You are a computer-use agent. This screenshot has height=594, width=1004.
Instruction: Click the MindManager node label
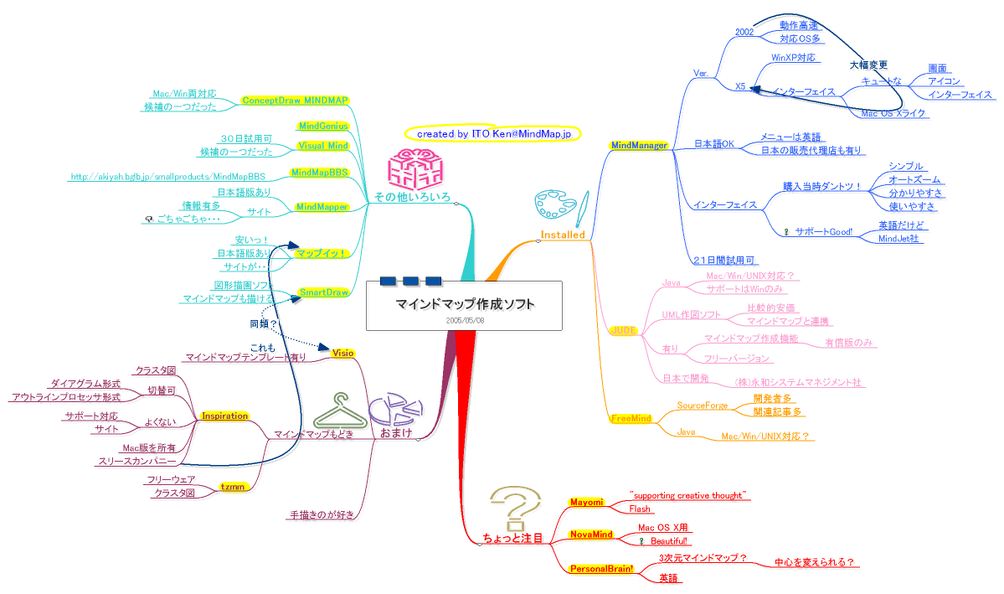point(639,146)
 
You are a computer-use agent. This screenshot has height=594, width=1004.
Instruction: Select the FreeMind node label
point(631,418)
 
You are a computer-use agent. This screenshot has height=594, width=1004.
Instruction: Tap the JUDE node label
point(624,331)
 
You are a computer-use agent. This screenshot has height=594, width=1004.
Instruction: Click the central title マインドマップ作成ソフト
point(465,303)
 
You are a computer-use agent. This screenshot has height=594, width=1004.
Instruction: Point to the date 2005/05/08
point(465,320)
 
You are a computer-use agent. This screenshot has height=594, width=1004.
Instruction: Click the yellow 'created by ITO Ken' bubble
point(492,133)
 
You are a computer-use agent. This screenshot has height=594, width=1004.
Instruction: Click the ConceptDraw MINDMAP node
point(294,101)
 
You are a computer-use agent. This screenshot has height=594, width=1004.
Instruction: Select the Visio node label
point(343,354)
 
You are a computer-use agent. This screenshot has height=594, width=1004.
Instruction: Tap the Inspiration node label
point(225,416)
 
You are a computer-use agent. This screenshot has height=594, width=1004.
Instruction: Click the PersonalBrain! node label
point(601,569)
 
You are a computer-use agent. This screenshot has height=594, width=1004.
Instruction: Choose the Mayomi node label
point(586,502)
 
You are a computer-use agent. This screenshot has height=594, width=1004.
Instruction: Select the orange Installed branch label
point(563,235)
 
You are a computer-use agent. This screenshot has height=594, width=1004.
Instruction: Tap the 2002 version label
point(744,32)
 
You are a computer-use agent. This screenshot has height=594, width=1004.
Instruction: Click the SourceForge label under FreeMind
point(703,405)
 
